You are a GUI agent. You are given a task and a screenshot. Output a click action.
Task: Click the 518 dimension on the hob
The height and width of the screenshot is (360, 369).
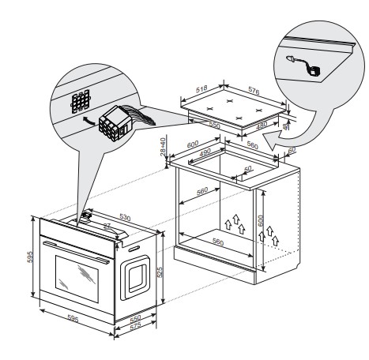click(201, 88)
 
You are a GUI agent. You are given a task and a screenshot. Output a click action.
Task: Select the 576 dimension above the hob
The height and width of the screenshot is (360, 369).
click(254, 91)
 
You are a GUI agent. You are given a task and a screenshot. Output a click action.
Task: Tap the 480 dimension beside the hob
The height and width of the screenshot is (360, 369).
click(262, 126)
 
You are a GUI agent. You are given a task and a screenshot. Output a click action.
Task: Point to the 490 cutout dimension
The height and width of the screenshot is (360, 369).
click(205, 152)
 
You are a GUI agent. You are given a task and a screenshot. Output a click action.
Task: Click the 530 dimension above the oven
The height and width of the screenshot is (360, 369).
click(125, 217)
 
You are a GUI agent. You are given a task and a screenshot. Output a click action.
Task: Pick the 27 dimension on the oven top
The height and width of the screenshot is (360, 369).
click(107, 226)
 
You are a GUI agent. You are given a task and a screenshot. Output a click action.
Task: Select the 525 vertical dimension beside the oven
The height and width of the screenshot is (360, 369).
click(160, 272)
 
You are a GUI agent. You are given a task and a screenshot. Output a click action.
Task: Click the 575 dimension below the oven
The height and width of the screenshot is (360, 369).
click(136, 326)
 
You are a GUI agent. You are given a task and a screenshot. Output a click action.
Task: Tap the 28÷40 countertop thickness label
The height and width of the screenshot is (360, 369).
click(164, 147)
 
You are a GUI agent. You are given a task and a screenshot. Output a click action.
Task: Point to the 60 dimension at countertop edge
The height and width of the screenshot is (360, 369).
click(292, 150)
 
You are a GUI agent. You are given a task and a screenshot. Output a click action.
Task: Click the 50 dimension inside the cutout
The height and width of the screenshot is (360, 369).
click(248, 168)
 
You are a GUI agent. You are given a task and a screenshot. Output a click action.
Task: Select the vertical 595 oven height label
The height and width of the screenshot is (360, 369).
click(30, 257)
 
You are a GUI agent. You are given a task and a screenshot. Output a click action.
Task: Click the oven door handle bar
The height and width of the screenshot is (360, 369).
click(76, 253)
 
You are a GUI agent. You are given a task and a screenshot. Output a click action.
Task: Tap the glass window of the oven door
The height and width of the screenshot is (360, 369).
click(77, 279)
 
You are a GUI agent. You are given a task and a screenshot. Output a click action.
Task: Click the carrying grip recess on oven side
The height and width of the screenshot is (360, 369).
click(135, 278)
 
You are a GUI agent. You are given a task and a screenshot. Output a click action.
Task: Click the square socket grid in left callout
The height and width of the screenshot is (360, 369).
click(81, 101)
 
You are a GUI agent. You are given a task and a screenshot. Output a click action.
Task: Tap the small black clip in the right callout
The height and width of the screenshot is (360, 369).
click(314, 71)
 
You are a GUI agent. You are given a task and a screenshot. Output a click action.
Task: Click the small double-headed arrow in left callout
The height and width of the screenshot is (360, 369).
click(89, 121)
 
